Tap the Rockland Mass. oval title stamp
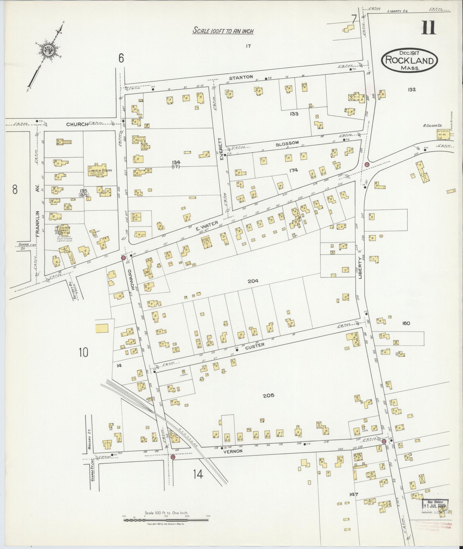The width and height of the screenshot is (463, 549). click(409, 60)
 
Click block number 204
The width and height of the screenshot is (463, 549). click(253, 281)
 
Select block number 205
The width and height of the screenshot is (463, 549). click(268, 395)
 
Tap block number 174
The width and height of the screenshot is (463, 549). click(294, 170)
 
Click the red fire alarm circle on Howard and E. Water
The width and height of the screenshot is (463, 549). click(123, 258)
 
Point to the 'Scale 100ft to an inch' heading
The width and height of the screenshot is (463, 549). click(223, 30)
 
